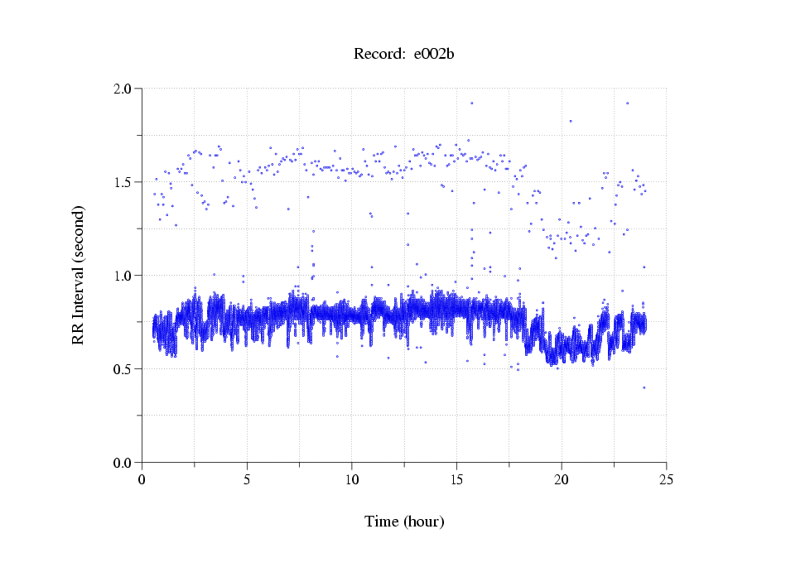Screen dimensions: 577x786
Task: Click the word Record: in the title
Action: [x=379, y=55]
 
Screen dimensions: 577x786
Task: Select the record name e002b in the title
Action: [x=434, y=55]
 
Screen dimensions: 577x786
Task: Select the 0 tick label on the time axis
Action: [x=142, y=479]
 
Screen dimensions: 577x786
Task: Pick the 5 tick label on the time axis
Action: [x=247, y=479]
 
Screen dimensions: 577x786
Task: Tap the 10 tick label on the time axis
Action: [x=352, y=479]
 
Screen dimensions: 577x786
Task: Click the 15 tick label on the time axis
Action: [x=456, y=479]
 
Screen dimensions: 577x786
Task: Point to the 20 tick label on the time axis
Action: [x=562, y=479]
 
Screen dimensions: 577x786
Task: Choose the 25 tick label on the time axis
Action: [x=666, y=479]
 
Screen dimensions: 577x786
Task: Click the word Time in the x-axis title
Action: [x=382, y=522]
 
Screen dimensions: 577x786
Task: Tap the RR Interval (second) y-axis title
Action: [x=78, y=275]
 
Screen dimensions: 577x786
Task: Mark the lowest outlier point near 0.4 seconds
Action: [x=644, y=387]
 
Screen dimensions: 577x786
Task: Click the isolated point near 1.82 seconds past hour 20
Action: [x=571, y=121]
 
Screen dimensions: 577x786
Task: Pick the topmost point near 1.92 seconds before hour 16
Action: [x=471, y=103]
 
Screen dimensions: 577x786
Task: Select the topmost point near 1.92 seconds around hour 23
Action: [x=628, y=103]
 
